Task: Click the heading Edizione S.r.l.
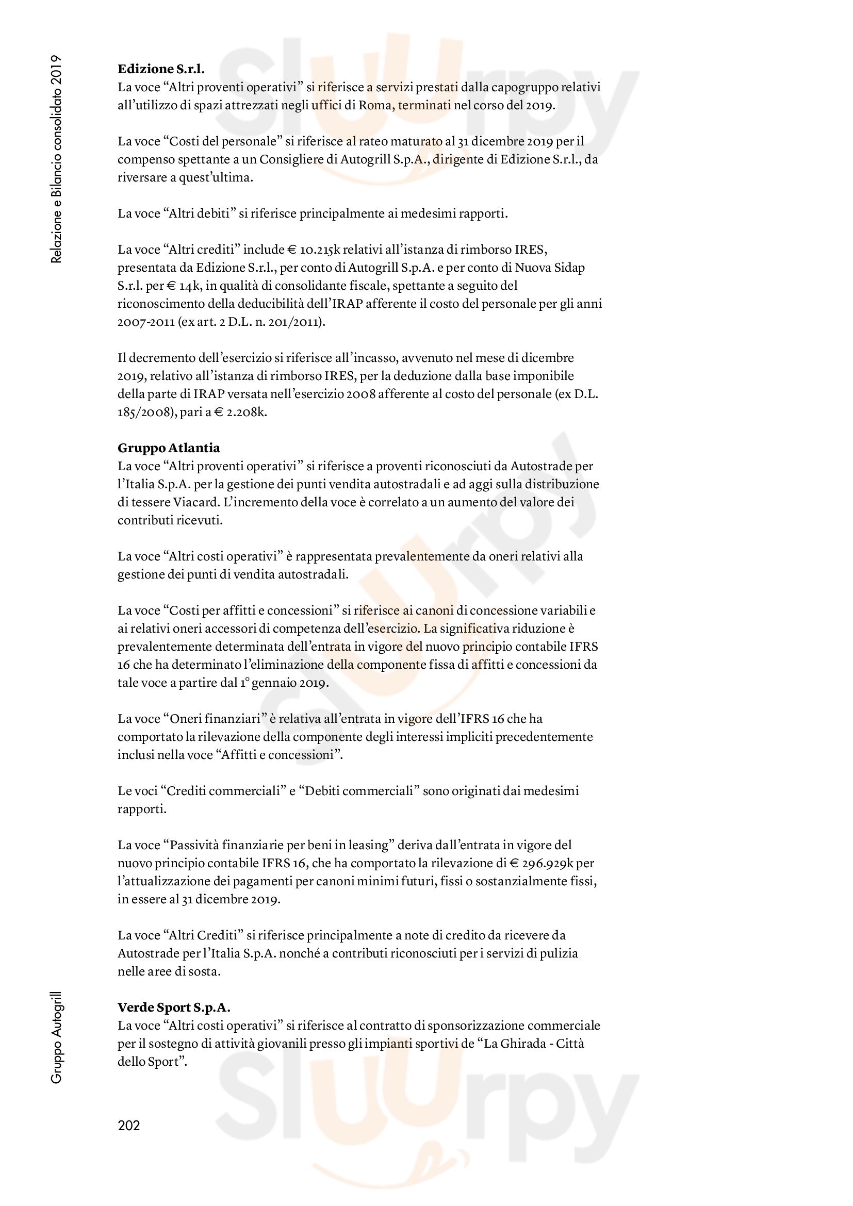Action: pos(161,69)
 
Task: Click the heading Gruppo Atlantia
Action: pos(169,448)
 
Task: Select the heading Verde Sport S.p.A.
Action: pos(174,1007)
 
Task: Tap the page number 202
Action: pos(129,1125)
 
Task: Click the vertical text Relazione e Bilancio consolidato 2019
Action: pos(57,159)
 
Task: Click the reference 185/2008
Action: pos(142,412)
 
